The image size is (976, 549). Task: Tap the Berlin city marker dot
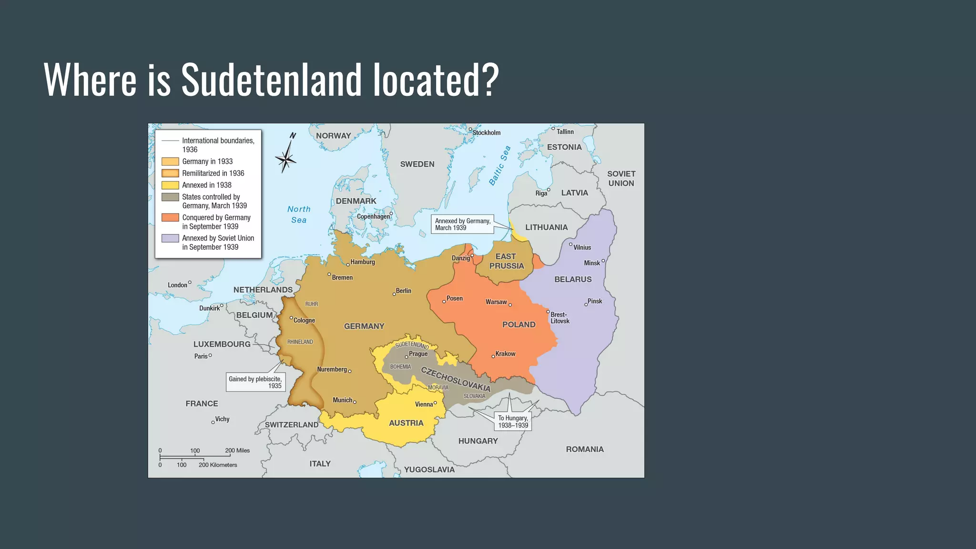394,294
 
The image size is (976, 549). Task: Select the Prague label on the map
418,354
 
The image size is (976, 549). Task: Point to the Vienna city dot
435,403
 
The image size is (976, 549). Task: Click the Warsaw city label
496,302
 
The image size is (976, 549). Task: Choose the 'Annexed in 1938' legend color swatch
170,185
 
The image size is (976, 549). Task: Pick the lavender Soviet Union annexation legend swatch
170,238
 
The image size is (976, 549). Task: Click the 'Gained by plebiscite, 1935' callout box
255,382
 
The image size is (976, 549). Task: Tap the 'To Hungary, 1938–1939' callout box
513,422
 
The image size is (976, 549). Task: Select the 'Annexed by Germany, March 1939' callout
462,224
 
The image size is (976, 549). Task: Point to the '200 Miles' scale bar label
237,450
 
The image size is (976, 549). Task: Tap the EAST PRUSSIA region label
506,261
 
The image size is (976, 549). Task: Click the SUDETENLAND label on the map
412,344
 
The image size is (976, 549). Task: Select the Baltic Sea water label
499,165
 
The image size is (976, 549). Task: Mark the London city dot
190,283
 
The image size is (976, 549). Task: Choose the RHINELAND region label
300,342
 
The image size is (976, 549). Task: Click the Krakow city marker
493,356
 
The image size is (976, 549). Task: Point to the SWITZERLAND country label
292,425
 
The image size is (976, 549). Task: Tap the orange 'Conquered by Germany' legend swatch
170,218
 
